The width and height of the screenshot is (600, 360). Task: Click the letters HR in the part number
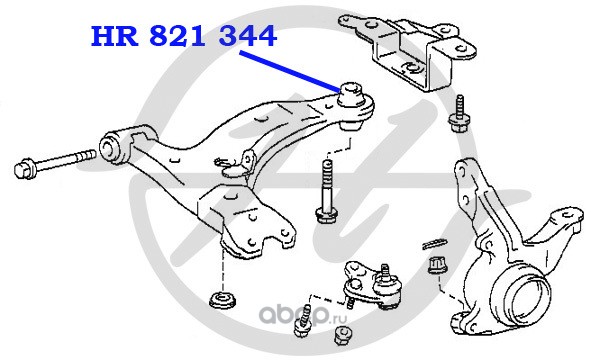tap(114, 36)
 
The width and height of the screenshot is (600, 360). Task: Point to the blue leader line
tap(290, 72)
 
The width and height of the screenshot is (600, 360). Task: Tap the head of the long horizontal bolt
tap(25, 168)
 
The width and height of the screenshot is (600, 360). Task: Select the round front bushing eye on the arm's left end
tap(110, 146)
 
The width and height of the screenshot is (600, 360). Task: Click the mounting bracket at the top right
tap(408, 51)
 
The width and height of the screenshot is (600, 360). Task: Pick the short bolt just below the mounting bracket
tap(458, 115)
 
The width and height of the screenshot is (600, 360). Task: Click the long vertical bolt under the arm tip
tap(325, 191)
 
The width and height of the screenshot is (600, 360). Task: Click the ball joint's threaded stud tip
tap(385, 269)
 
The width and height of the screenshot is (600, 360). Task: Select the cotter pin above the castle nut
tap(434, 243)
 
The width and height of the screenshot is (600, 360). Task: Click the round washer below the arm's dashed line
tap(223, 299)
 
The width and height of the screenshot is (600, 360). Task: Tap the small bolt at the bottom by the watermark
tap(303, 321)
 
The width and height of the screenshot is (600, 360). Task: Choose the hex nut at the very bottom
tap(342, 335)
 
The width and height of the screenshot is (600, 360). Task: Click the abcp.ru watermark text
tap(303, 315)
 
